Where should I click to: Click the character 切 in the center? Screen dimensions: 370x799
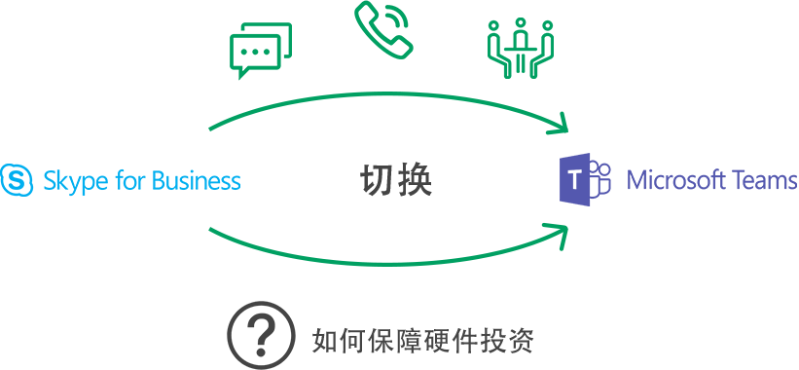coord(378,180)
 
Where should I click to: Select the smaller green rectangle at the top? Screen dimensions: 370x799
coord(391,39)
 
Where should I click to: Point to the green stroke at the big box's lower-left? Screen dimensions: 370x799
coord(212,232)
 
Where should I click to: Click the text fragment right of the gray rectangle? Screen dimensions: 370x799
coord(531,340)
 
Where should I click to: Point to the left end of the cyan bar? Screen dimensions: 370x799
coord(4,179)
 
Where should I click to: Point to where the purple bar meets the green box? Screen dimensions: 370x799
coord(562,179)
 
